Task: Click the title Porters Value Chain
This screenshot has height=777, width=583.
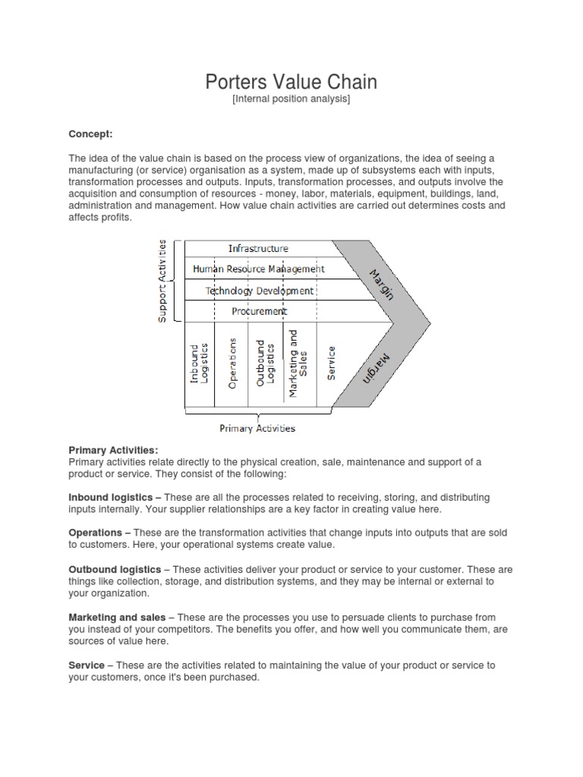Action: (291, 82)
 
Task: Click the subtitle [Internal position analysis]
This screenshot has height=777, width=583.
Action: (291, 99)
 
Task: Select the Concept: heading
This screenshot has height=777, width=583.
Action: (90, 134)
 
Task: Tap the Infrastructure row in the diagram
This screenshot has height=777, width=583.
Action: (258, 248)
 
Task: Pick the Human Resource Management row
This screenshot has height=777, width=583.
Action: (258, 269)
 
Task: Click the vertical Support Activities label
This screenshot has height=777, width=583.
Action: (162, 280)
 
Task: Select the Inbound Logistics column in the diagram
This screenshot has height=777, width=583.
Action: (200, 363)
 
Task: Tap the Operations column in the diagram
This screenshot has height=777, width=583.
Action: (233, 363)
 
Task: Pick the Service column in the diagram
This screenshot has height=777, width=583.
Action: (331, 363)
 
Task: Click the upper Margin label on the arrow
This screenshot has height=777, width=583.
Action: (382, 284)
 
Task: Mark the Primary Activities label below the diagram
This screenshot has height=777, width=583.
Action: (257, 428)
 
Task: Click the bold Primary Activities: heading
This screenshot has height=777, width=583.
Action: (113, 450)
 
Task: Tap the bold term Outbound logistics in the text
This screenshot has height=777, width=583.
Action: (115, 569)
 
